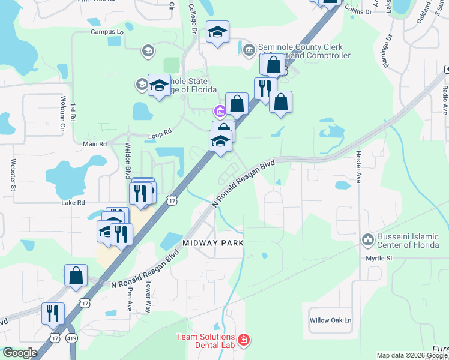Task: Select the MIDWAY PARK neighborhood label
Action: coord(213,243)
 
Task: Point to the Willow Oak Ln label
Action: coord(330,320)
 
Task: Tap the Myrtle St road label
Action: coord(379,258)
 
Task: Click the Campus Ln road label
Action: coord(107,31)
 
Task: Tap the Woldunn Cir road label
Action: coord(62,113)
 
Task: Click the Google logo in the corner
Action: coord(20,353)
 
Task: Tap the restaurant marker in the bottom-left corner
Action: coord(53,313)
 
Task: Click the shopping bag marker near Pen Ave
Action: coord(76,275)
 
